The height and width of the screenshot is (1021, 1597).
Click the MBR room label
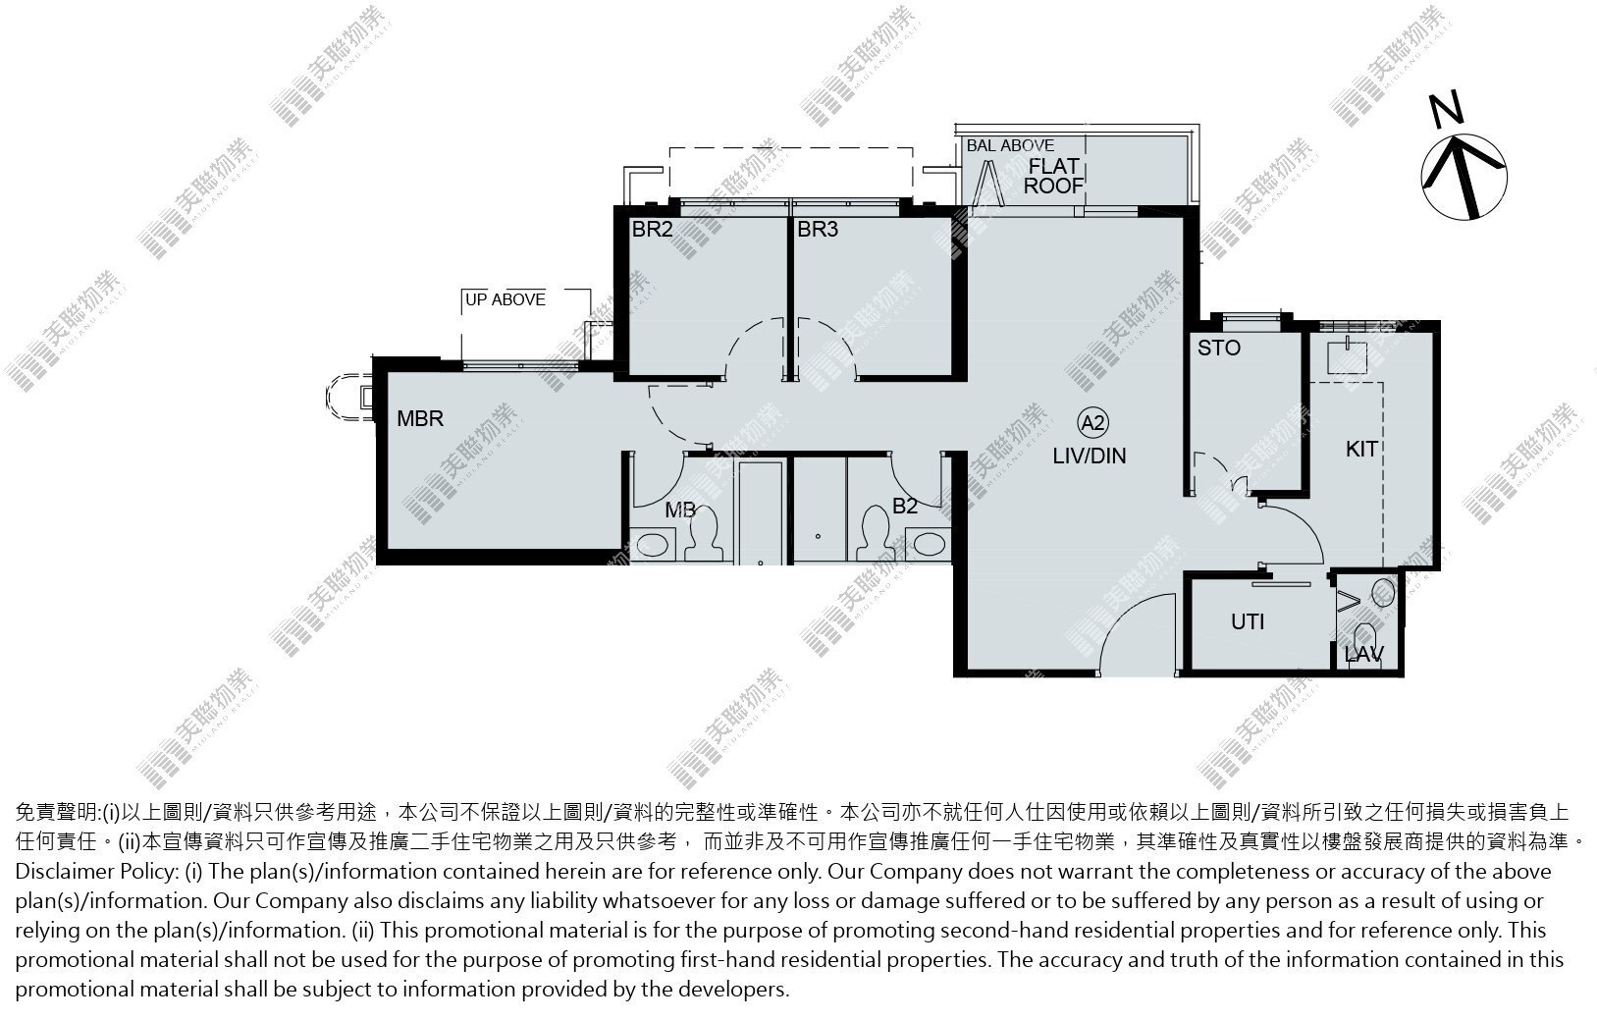point(420,418)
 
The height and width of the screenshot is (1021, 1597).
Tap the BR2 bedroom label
point(653,230)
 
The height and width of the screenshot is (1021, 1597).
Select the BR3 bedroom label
point(818,230)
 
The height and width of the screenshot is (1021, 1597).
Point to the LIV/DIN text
point(1090,457)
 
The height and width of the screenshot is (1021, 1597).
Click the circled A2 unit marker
point(1092,423)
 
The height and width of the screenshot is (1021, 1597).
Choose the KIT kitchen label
point(1361,450)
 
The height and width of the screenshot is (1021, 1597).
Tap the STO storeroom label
point(1219,348)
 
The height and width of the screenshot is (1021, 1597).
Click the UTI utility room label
point(1248,622)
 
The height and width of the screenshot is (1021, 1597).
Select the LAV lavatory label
point(1363,655)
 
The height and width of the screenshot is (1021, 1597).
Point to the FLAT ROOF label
point(1054,176)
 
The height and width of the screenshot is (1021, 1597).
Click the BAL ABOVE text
point(1010,145)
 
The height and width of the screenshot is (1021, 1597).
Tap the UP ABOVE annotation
point(506,299)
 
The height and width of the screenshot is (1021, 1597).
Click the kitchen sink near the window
point(1347,358)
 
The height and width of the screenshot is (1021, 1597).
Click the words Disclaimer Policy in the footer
point(95,871)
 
